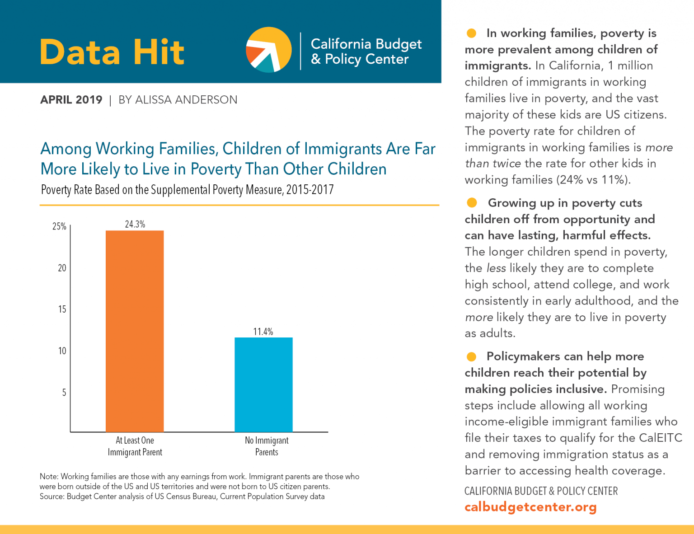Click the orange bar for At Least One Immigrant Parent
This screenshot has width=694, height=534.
[135, 331]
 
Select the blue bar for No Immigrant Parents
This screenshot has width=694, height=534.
[263, 384]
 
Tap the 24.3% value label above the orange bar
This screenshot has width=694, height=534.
[135, 224]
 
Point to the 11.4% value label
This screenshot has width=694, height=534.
[263, 332]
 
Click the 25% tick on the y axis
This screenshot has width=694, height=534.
[59, 226]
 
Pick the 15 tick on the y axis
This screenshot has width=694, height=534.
[62, 309]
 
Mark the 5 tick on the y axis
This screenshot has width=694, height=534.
[64, 393]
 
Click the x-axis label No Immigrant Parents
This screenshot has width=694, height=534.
[267, 446]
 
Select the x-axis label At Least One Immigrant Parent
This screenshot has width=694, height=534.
[135, 446]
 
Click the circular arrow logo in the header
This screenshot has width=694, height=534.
[268, 50]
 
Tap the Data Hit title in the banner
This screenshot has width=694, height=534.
[112, 52]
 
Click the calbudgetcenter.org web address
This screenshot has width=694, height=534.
[530, 507]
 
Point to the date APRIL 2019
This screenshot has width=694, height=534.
[71, 100]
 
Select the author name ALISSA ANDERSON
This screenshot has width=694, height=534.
[186, 100]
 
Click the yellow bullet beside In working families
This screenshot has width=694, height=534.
[471, 33]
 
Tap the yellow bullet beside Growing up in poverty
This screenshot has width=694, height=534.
[472, 203]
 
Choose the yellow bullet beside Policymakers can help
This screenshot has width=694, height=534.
[471, 356]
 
